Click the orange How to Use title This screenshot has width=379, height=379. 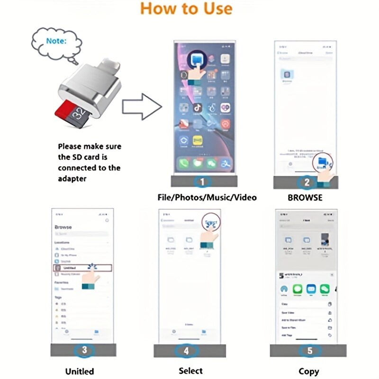[187, 9]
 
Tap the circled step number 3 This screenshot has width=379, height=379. [84, 351]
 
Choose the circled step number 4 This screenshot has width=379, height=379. [187, 351]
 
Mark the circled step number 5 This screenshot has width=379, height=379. [309, 351]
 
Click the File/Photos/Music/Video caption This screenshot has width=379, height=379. [207, 197]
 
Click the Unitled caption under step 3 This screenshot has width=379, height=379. [80, 371]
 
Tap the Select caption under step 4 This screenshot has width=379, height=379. [190, 370]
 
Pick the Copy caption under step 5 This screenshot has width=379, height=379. [308, 371]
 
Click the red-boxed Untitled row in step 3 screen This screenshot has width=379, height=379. [81, 268]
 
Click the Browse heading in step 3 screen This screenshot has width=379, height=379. [63, 227]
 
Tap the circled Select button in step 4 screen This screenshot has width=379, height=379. [212, 223]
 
